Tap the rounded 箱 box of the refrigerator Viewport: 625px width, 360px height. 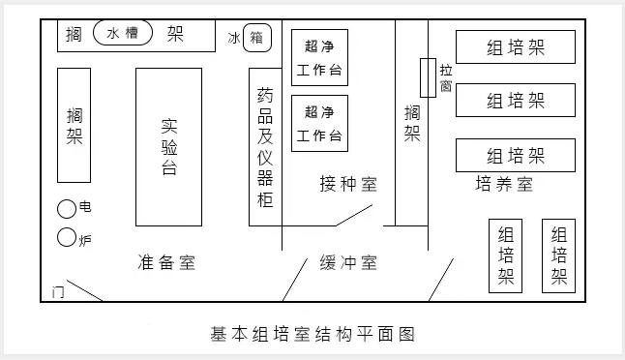coord(256,38)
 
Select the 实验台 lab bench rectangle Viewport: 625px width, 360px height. coord(168,146)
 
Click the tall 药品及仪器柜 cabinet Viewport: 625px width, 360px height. coord(265,147)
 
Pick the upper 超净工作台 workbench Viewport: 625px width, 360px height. coord(319,58)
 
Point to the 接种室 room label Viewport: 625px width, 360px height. coord(348,183)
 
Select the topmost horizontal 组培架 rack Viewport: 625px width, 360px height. coord(516,47)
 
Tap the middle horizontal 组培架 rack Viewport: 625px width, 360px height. coord(516,101)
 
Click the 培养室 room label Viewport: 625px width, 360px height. coord(504,184)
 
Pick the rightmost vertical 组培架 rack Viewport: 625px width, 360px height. coord(559,256)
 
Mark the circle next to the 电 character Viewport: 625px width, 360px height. coord(67,208)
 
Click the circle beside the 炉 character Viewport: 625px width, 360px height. coord(67,236)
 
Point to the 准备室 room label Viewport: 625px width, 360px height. coord(166,262)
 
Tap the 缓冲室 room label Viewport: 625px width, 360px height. coord(348,262)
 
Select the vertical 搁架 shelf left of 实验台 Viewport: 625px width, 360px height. coord(74,125)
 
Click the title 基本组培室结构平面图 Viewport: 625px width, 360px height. coord(312,335)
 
